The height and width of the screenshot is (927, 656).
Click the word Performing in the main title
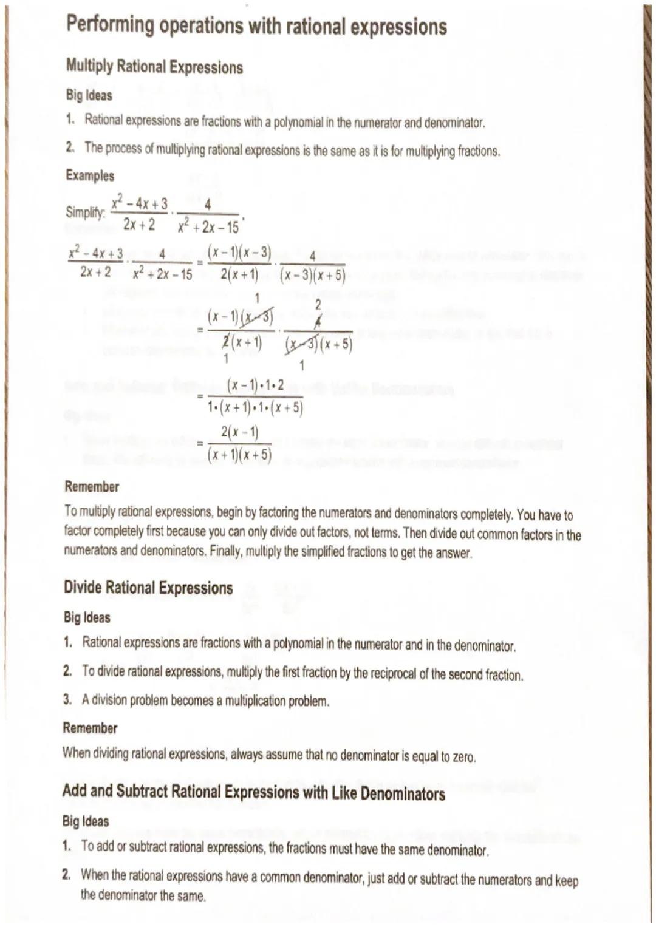pyautogui.click(x=110, y=25)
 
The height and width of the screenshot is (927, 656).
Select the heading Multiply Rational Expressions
pyautogui.click(x=154, y=67)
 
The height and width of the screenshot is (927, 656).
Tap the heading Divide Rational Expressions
pyautogui.click(x=148, y=588)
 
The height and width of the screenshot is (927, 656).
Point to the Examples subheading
pyautogui.click(x=90, y=175)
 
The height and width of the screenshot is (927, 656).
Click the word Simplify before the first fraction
pyautogui.click(x=85, y=212)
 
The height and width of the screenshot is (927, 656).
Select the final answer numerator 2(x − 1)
pyautogui.click(x=239, y=432)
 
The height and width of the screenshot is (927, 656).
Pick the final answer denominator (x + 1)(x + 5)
pyautogui.click(x=239, y=455)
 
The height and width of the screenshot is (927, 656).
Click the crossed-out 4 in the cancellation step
pyautogui.click(x=317, y=322)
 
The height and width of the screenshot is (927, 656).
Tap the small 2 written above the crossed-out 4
pyautogui.click(x=317, y=305)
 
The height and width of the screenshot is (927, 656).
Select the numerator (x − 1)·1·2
pyautogui.click(x=255, y=385)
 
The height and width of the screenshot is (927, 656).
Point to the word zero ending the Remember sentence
pyautogui.click(x=463, y=756)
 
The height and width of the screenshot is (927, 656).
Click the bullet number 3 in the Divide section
pyautogui.click(x=67, y=699)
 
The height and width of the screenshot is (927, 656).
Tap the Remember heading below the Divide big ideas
pyautogui.click(x=90, y=728)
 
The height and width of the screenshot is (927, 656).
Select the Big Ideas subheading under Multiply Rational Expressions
pyautogui.click(x=89, y=95)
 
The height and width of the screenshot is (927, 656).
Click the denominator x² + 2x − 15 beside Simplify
pyautogui.click(x=208, y=228)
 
